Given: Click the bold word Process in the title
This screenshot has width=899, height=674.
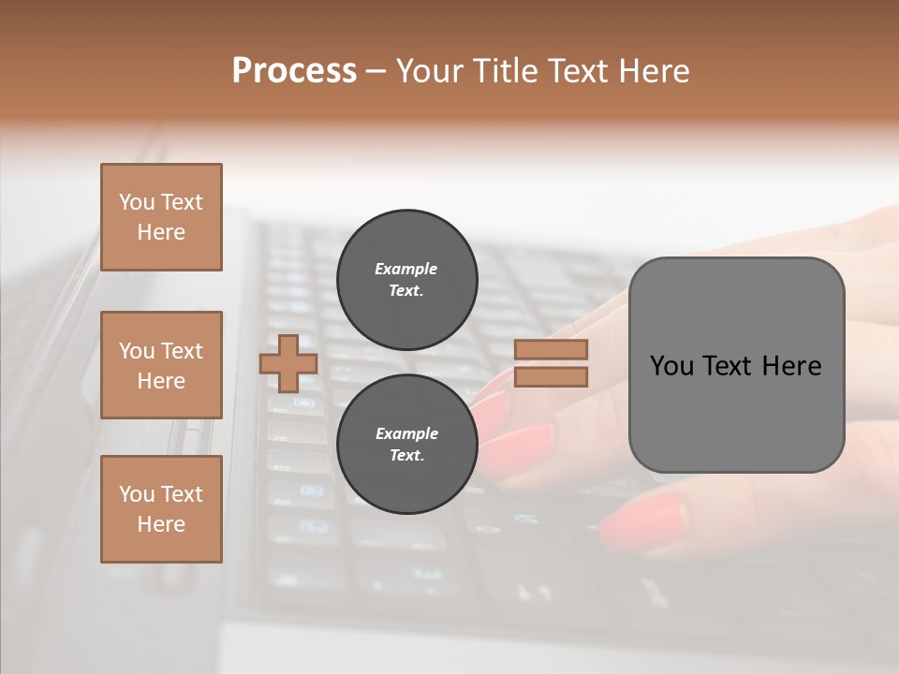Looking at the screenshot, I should pos(294,71).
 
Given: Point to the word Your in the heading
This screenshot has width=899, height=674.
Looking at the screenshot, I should pos(432,71).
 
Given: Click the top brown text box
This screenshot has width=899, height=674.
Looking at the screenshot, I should pos(161,217).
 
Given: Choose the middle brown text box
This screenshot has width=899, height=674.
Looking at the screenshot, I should pos(161,365).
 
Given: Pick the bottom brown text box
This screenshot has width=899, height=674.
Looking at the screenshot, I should pos(161,508).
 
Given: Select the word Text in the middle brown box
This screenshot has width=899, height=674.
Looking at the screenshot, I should pos(182,351).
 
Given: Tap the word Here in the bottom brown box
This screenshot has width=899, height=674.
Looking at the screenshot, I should pos(161,524).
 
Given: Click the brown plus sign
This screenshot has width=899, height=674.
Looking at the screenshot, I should pos(288,363).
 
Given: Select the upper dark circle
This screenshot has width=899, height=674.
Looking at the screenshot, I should pos(406,279).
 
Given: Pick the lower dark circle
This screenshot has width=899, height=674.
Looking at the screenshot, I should pos(406,444).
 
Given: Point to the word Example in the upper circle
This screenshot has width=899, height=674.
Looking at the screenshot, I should pos(406,269).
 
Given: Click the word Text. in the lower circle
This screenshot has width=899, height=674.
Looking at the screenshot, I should pos(406,456).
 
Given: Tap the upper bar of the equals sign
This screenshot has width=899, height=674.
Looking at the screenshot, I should pos(552,350).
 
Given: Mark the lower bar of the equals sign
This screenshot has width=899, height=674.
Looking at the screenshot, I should pos(552,376).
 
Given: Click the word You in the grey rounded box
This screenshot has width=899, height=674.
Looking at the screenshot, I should pos(671,366).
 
